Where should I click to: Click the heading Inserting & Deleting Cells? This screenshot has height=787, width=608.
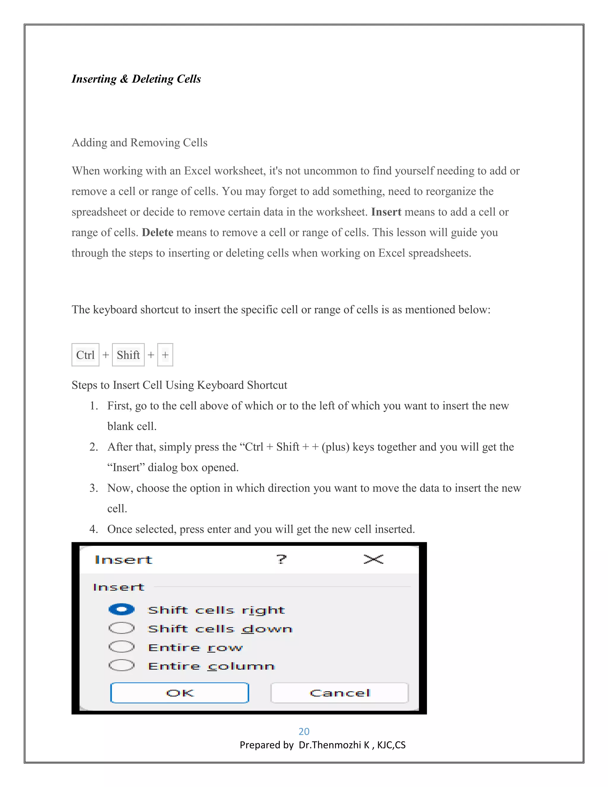(x=136, y=79)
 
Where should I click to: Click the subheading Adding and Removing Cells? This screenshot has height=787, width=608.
(x=140, y=143)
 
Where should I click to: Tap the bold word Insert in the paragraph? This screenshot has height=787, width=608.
(x=386, y=212)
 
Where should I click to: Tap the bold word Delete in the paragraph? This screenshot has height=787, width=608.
(x=157, y=233)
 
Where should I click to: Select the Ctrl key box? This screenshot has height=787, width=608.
(x=85, y=355)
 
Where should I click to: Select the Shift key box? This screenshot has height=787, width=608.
(x=128, y=355)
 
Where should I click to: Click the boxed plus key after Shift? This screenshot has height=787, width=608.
(x=165, y=355)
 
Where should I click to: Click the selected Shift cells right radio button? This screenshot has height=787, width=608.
(x=121, y=609)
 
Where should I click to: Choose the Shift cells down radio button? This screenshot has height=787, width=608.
(x=121, y=628)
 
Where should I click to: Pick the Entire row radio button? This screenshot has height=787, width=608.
(x=121, y=647)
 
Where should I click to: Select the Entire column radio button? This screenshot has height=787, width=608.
(x=121, y=665)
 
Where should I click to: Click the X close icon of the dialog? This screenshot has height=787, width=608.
(x=373, y=559)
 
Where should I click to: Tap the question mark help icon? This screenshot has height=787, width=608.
(x=281, y=559)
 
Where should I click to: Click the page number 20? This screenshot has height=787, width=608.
(x=304, y=731)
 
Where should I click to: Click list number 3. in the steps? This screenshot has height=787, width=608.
(x=94, y=488)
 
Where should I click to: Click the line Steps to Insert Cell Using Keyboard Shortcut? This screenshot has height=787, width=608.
(x=179, y=385)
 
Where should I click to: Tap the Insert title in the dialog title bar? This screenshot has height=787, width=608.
(x=123, y=560)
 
